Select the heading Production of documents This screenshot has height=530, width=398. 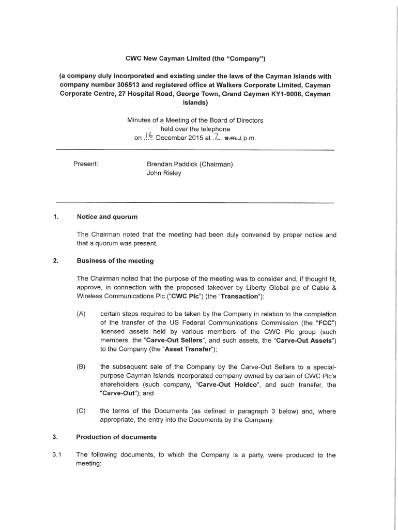pos(116,437)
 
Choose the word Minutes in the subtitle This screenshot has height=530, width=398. pos(140,120)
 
